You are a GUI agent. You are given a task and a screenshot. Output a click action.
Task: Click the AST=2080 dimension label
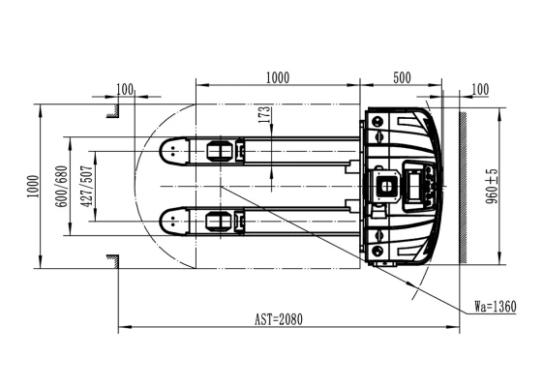coord(279,319)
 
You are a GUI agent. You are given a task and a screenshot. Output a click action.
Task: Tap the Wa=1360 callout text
coord(496,307)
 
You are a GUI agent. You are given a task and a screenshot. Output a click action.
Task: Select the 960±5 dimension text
coord(492,186)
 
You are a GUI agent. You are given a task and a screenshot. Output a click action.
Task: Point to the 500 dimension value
coord(402,78)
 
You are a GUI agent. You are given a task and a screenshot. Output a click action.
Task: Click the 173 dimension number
coord(264,114)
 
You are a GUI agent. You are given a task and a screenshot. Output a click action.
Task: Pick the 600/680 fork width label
coord(61,186)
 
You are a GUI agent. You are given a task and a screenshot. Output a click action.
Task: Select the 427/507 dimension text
coord(86,186)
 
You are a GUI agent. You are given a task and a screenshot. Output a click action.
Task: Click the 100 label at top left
coord(125,89)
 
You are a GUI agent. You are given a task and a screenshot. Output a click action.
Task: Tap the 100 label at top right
coord(480,89)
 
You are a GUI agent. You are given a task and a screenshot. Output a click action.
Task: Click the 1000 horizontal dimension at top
coord(278,78)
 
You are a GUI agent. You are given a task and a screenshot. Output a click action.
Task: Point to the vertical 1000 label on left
coord(33,186)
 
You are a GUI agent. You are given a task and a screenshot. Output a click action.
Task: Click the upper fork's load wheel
coord(220,151)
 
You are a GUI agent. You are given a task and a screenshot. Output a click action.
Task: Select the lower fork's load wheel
coord(220,222)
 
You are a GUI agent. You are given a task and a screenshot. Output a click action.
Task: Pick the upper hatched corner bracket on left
coord(114,110)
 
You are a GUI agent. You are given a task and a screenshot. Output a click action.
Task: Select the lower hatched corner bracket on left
coord(114,261)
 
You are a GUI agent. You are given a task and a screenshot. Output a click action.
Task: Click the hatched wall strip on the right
coord(463,188)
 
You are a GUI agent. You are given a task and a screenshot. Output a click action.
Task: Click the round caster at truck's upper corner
coord(377,122)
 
